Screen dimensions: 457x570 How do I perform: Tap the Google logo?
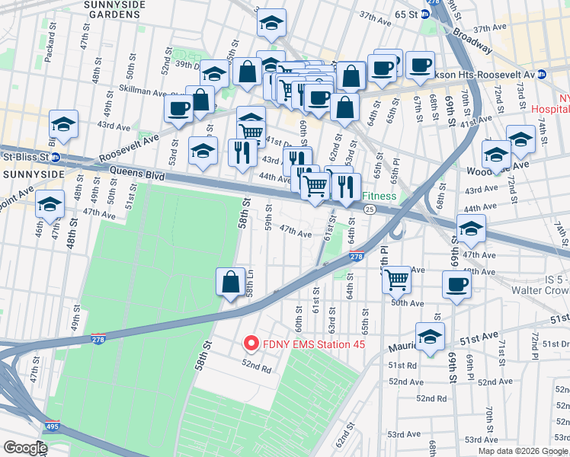(x=24, y=447)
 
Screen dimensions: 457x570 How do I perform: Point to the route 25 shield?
(x=369, y=209)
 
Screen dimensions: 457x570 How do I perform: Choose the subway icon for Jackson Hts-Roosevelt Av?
(x=541, y=75)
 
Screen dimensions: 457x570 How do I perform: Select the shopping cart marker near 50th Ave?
(x=396, y=280)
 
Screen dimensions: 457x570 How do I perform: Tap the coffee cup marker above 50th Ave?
(x=456, y=285)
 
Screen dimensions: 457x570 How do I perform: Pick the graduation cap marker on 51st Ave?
(x=430, y=337)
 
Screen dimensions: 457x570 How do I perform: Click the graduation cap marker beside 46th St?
(x=50, y=205)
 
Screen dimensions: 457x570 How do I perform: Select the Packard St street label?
(x=50, y=46)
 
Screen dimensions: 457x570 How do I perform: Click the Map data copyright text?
(x=521, y=451)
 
